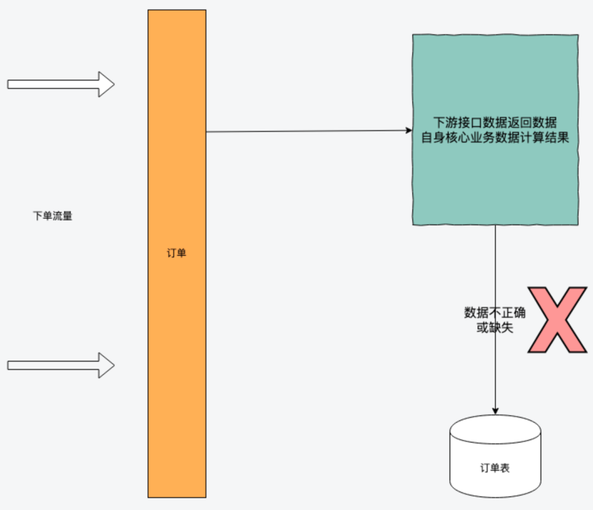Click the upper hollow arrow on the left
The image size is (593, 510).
60,84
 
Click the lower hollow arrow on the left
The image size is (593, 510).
60,365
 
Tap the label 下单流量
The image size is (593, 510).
53,216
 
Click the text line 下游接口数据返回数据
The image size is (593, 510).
495,122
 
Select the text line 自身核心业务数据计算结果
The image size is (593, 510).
495,137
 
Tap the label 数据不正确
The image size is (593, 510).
495,313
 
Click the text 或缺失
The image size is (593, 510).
495,328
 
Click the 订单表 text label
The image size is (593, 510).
495,468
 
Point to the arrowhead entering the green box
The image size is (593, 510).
409,130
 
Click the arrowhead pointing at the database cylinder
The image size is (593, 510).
495,411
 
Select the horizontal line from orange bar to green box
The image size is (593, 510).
307,131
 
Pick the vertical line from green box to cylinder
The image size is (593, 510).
495,264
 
